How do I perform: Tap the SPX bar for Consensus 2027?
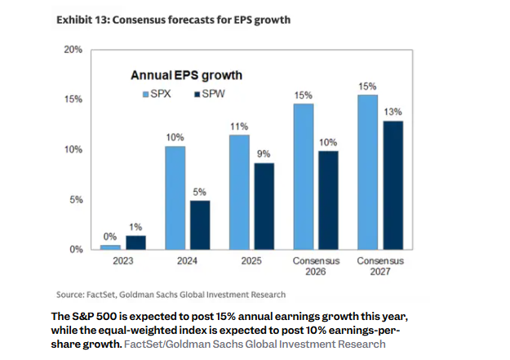pyautogui.click(x=367, y=171)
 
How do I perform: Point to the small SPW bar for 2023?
pyautogui.click(x=136, y=242)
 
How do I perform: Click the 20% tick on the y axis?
pyautogui.click(x=73, y=50)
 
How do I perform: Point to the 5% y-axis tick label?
pyautogui.click(x=75, y=200)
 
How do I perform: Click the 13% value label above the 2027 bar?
pyautogui.click(x=393, y=111)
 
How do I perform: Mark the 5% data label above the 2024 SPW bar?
pyautogui.click(x=199, y=191)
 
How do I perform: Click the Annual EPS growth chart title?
pyautogui.click(x=187, y=75)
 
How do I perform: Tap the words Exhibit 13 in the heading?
pyautogui.click(x=81, y=19)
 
